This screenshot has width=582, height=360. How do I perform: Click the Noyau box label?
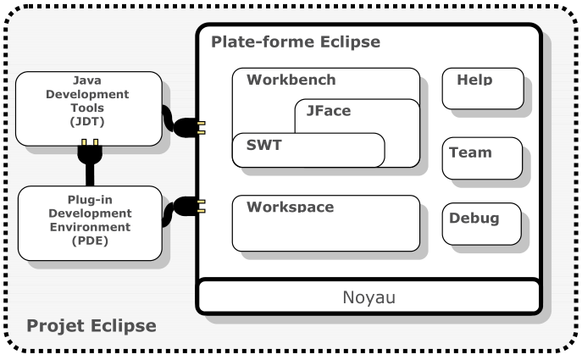[x=369, y=298]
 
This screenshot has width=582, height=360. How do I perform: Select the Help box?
[x=482, y=88]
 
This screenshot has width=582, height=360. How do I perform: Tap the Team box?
[x=481, y=158]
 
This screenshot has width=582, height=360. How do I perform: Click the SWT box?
[x=308, y=150]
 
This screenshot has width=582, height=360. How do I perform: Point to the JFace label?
[x=328, y=111]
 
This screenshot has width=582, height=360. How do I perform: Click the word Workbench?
[x=291, y=80]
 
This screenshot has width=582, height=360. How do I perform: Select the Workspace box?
[x=325, y=224]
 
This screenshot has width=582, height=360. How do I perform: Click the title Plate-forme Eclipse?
[x=295, y=42]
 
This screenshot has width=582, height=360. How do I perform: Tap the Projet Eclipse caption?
[x=91, y=325]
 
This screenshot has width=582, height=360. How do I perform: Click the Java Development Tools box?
[x=88, y=108]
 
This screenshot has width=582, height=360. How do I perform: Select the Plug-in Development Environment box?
[x=89, y=223]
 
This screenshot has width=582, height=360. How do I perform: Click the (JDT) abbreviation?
[x=88, y=121]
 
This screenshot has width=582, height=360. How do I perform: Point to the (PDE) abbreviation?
[x=89, y=241]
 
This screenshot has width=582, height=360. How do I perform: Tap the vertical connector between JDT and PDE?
[x=88, y=165]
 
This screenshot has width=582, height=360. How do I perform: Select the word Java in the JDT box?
[x=88, y=81]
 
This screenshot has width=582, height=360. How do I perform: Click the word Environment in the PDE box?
[x=89, y=227]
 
